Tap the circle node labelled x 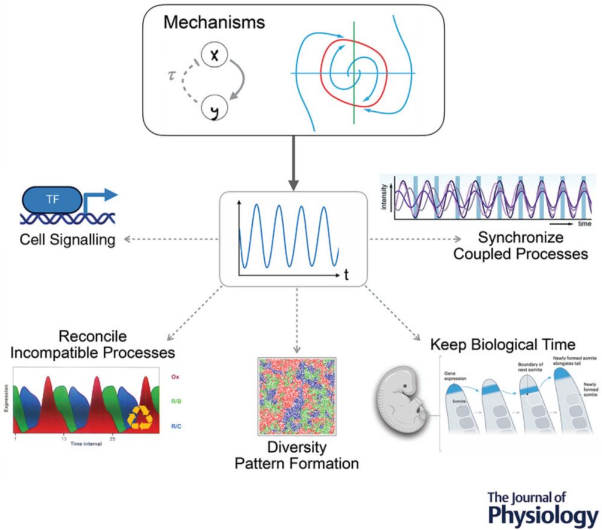click(213, 56)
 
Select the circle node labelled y click(213, 110)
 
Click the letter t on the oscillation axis click(347, 276)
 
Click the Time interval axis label click(84, 445)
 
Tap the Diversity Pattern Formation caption click(297, 456)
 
